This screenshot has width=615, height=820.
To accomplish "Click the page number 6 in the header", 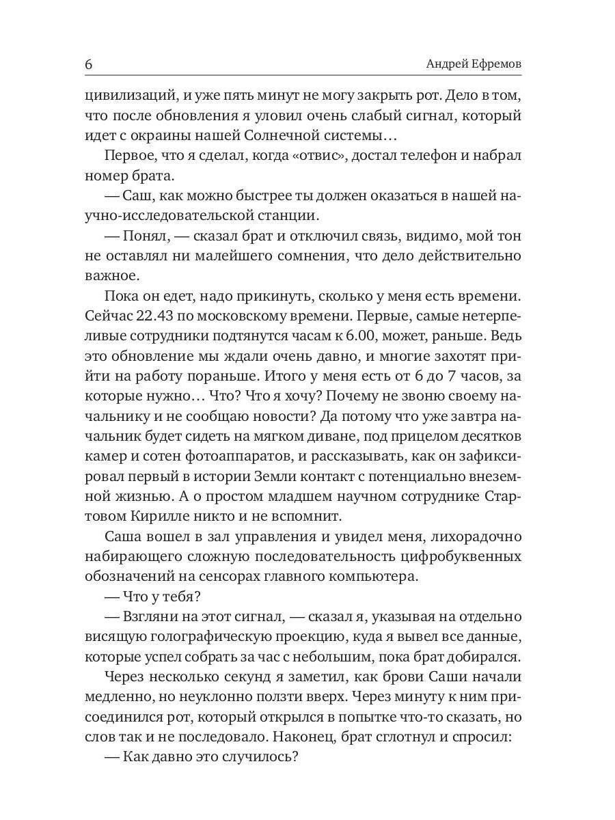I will [x=89, y=64].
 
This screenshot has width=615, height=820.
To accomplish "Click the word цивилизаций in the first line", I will [x=128, y=95].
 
